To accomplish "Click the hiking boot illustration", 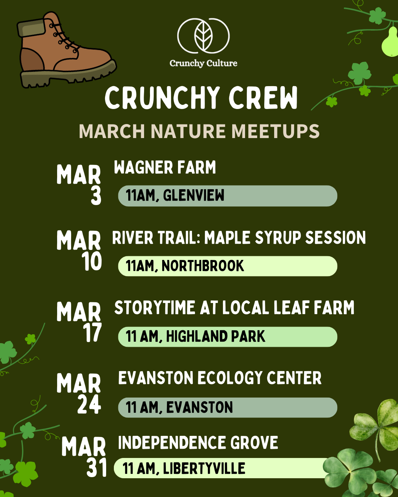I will [x=64, y=52].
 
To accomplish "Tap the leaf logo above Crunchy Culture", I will [x=203, y=36].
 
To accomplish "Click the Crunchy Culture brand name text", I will [x=203, y=63].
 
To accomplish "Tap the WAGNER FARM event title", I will [x=165, y=168].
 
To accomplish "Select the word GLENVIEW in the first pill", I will [x=193, y=195].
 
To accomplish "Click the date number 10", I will [x=92, y=262].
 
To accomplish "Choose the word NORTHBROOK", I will [x=203, y=266].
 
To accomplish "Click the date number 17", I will [x=92, y=333].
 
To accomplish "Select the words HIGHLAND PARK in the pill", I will [x=216, y=336].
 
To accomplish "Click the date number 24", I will [x=89, y=404].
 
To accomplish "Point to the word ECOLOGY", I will [x=228, y=378].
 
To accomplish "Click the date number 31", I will [x=97, y=468].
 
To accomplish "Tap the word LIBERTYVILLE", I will [x=204, y=468].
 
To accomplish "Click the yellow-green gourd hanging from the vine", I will [x=390, y=42].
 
